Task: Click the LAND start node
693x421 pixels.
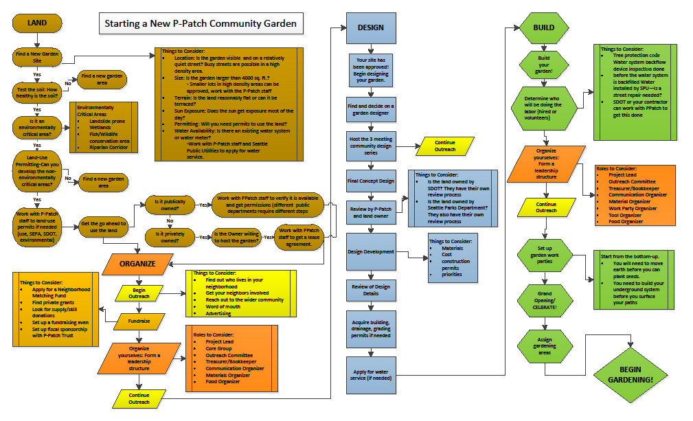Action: tap(37, 23)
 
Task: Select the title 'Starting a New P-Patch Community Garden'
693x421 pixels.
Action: tap(200, 23)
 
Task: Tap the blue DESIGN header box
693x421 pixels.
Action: tap(371, 27)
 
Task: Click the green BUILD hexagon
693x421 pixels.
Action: tap(543, 28)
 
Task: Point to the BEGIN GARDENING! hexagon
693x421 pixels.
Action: tap(630, 375)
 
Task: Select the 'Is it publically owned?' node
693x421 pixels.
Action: tap(168, 205)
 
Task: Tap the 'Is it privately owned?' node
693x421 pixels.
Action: tap(168, 238)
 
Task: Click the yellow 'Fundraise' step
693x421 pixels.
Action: tap(139, 321)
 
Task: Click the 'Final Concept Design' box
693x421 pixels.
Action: tap(371, 181)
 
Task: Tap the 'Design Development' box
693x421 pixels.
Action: tap(371, 251)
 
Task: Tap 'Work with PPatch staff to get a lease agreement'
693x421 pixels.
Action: tap(299, 238)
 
